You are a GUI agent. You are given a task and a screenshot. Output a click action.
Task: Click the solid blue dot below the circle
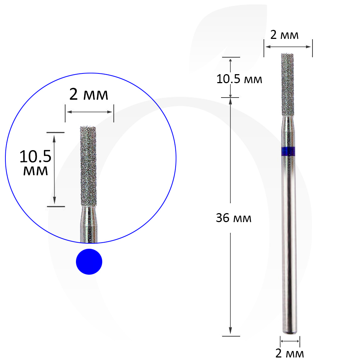(89, 261)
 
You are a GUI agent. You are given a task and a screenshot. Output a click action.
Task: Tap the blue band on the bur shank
(288, 151)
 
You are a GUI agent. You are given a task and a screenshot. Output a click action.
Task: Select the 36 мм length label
(234, 218)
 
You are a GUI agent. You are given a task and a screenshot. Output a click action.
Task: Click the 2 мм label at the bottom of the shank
(289, 354)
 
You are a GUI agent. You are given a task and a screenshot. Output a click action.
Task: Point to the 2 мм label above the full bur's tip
(284, 35)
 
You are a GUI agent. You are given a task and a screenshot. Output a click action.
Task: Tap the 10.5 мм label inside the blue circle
(35, 163)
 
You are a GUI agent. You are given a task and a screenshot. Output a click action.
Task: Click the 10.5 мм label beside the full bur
(239, 79)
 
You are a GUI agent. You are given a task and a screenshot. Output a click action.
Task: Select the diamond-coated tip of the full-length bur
(287, 85)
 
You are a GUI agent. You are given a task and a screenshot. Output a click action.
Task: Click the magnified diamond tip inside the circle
(88, 166)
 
